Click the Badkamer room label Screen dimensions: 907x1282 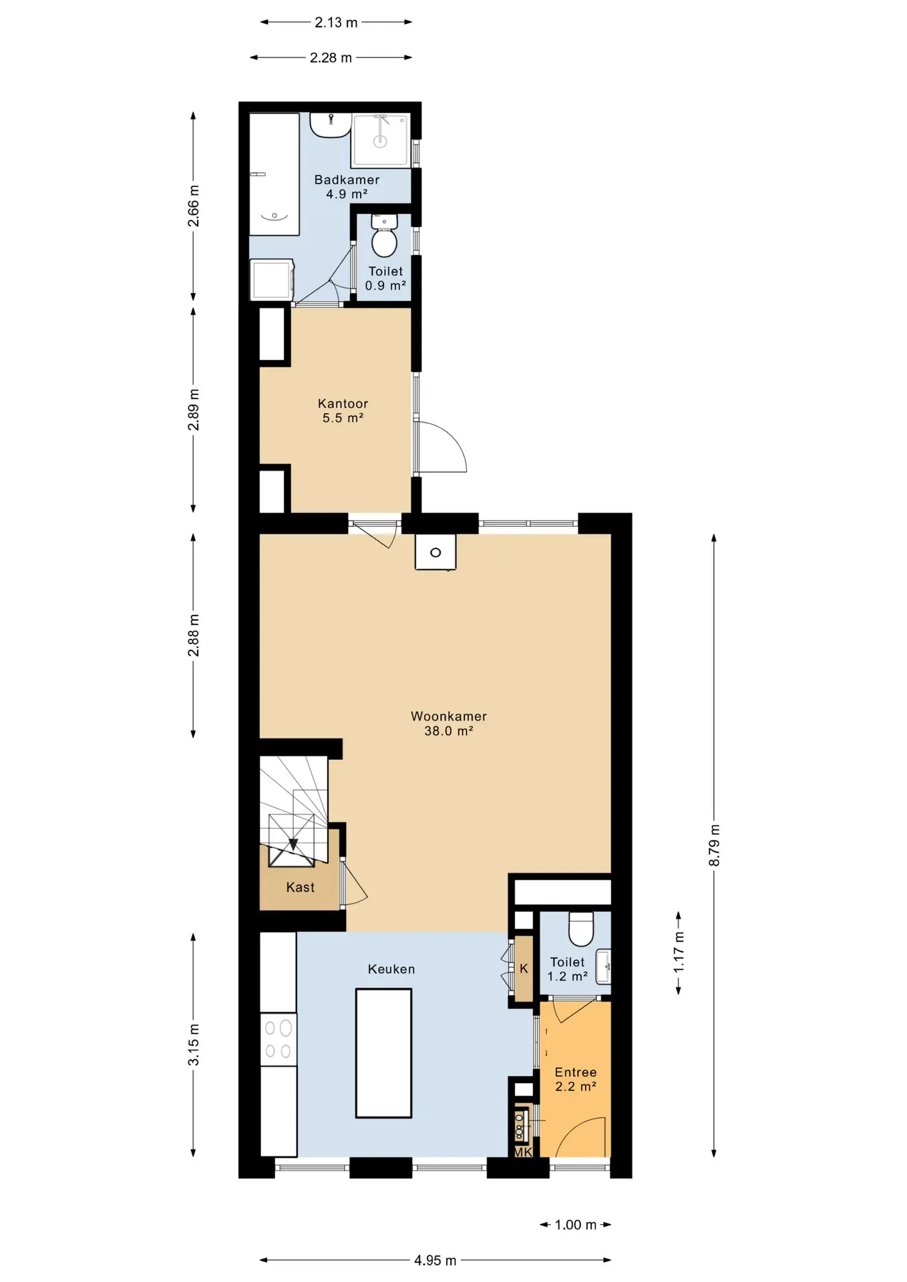pos(347,187)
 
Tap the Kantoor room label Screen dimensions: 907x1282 pos(343,411)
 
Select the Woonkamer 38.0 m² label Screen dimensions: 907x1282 pos(449,723)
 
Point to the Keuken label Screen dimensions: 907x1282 pos(391,969)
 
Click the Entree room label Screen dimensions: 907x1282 pos(576,1080)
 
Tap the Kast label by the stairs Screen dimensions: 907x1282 pos(300,887)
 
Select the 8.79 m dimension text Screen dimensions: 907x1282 pos(714,845)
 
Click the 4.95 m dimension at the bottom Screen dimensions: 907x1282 pos(435,1261)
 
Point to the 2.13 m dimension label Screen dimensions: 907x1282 pos(336,22)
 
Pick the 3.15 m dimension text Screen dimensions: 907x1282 pos(194,1044)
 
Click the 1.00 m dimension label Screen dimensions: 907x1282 pos(576,1225)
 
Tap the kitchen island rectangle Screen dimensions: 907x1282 pos(383,1053)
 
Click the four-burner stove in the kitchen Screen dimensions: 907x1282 pos(278,1040)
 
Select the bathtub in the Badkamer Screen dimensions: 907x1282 pos(274,174)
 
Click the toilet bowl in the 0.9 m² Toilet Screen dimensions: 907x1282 pos(384,242)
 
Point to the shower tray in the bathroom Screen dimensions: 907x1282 pos(380,141)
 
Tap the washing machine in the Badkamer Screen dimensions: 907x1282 pos(272,280)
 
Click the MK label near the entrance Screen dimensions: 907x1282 pos(523,1152)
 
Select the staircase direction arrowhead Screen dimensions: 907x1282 pos(293,845)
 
